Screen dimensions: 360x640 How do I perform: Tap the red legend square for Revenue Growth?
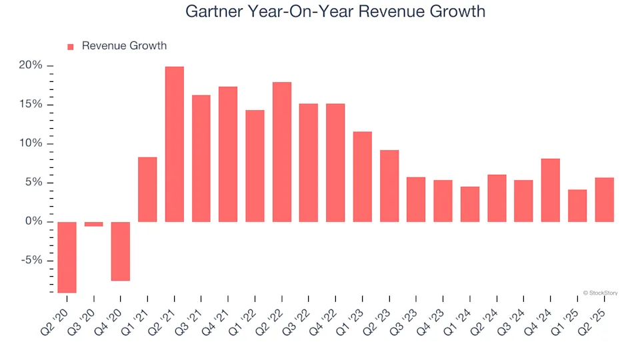tap(71, 47)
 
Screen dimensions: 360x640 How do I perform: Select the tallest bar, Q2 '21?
tap(175, 144)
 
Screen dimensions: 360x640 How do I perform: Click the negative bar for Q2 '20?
tap(67, 257)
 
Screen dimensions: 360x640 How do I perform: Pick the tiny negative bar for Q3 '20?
tap(94, 224)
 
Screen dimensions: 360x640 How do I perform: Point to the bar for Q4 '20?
tap(121, 251)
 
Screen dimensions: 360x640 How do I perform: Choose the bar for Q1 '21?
tap(147, 189)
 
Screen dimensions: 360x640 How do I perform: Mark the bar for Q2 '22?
tap(282, 152)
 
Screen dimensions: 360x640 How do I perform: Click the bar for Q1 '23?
tap(363, 177)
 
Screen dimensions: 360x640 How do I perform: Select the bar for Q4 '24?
tap(551, 190)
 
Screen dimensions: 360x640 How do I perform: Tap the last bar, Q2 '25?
tap(604, 199)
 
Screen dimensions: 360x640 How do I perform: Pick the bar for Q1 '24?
tap(470, 204)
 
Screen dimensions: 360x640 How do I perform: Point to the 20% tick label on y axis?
tap(31, 65)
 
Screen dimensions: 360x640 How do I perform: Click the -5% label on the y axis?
tap(31, 261)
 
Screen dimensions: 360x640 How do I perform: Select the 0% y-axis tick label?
tap(33, 221)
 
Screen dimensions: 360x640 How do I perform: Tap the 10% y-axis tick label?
tap(31, 143)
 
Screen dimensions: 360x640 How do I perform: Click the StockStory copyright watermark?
tap(600, 292)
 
